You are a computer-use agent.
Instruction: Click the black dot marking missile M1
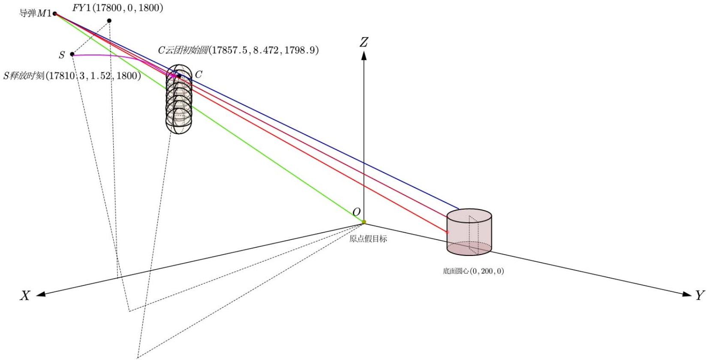(55, 14)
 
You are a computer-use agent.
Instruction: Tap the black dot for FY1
(109, 21)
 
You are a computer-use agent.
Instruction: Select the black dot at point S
(72, 54)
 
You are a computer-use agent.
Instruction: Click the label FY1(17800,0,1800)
(117, 8)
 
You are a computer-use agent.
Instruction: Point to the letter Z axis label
(364, 42)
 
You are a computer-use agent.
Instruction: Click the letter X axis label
(25, 296)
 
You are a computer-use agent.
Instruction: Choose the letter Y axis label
(700, 295)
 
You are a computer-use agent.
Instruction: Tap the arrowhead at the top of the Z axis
(364, 55)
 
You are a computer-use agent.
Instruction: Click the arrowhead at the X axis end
(41, 294)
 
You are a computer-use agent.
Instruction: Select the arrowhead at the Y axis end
(687, 294)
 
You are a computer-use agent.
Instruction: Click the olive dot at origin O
(364, 222)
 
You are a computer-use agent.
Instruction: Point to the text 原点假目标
(368, 239)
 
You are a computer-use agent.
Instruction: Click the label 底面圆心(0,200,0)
(473, 271)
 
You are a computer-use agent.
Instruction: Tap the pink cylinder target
(469, 232)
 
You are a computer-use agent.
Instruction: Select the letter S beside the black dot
(62, 55)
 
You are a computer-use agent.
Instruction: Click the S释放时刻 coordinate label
(72, 76)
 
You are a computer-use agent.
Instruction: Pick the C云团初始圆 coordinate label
(238, 50)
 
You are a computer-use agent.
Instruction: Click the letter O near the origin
(356, 212)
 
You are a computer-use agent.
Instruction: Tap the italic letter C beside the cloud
(199, 75)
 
